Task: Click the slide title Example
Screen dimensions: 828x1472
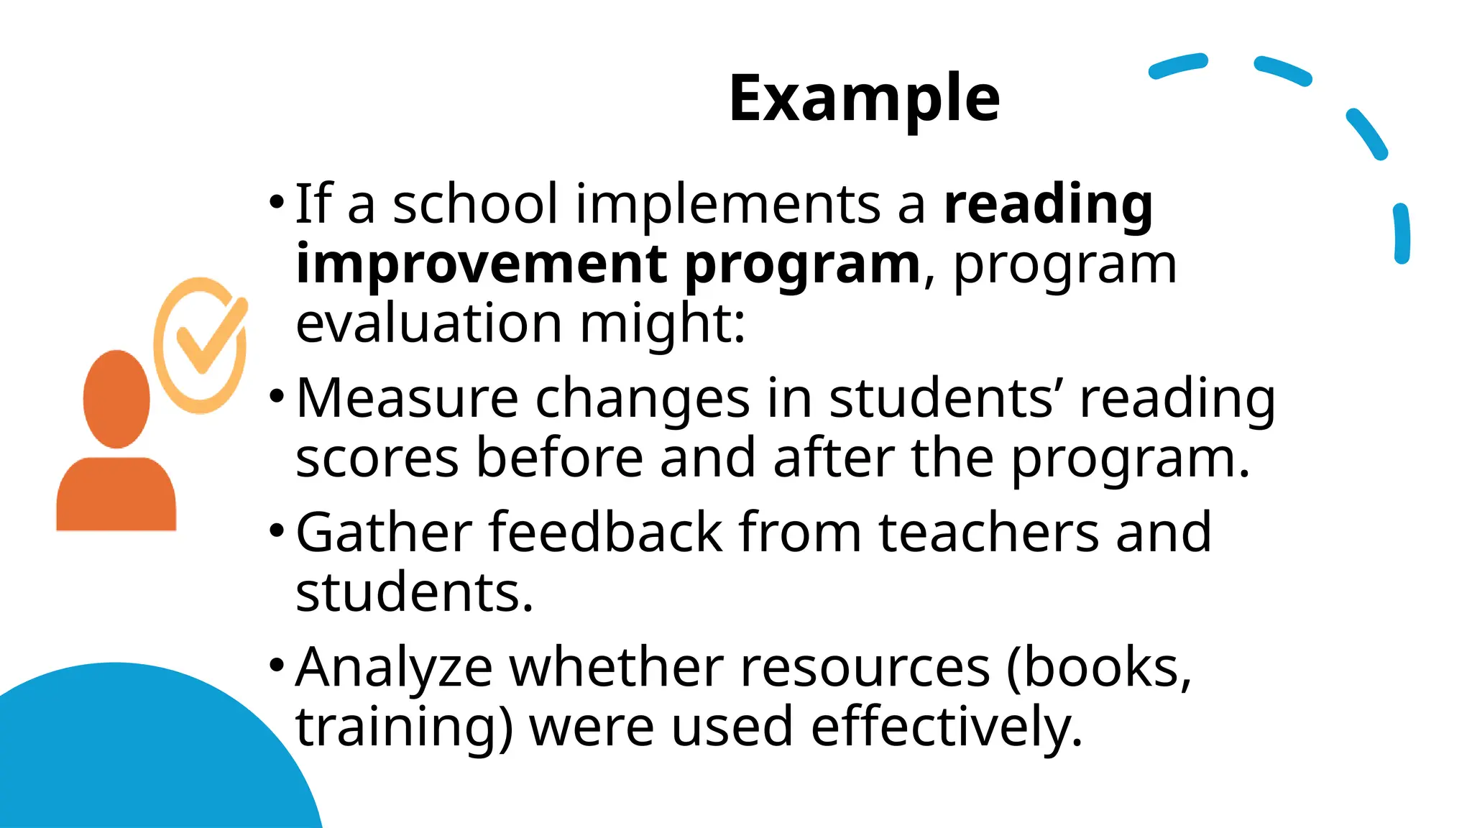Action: tap(864, 98)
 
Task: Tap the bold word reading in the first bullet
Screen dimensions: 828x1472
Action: tap(1048, 205)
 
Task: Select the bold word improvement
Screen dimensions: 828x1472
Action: tap(481, 264)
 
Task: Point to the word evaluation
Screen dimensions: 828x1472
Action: tap(428, 323)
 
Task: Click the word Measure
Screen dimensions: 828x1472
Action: tap(407, 398)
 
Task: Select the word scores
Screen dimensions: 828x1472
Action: tap(377, 459)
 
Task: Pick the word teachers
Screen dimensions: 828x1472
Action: tap(988, 533)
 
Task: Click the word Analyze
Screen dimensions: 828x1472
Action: tap(394, 668)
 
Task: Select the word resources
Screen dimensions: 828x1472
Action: tap(865, 668)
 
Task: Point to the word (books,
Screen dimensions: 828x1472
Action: tap(1099, 668)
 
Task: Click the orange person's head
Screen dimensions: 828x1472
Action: tap(116, 399)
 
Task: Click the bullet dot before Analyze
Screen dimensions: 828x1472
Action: tap(277, 665)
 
